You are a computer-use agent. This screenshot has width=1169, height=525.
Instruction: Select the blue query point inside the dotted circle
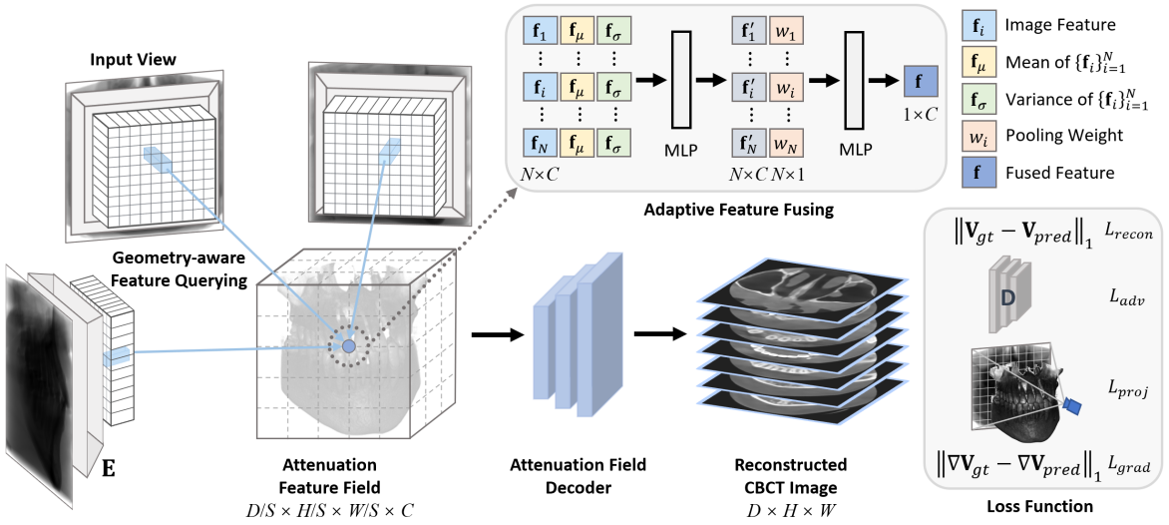pyautogui.click(x=349, y=345)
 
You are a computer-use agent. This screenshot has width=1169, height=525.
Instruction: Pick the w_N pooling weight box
pyautogui.click(x=787, y=144)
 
